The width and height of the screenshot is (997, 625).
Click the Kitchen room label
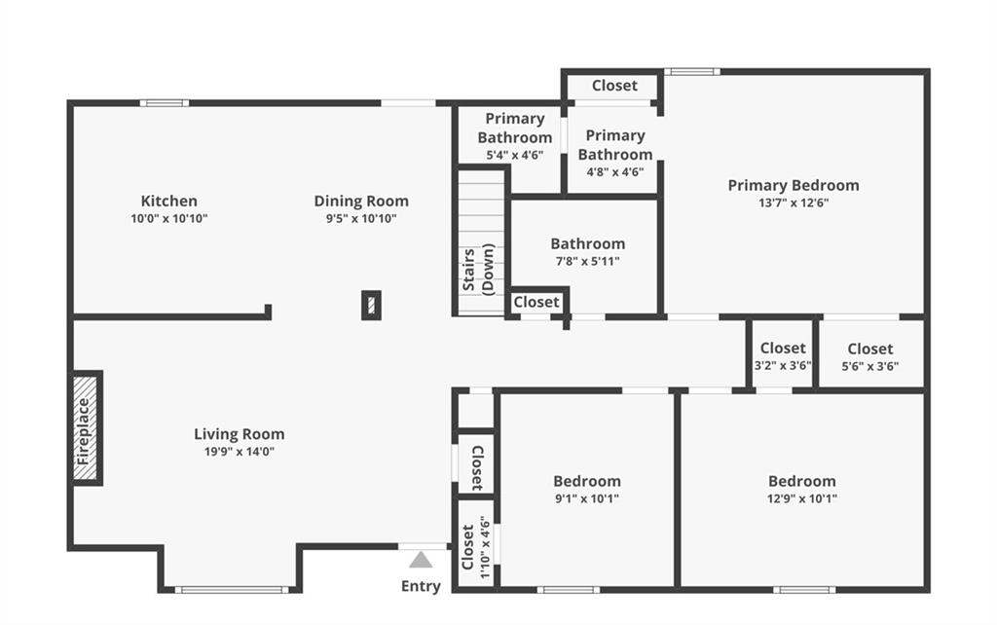[x=169, y=201]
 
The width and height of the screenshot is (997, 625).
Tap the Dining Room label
[x=361, y=201]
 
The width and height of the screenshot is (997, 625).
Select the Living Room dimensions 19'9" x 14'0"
[x=240, y=452]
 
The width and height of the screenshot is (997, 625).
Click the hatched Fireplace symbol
[x=86, y=428]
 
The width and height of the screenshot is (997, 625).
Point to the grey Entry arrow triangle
[x=421, y=560]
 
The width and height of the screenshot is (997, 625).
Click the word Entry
[x=421, y=586]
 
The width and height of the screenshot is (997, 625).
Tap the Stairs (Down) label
[x=478, y=270]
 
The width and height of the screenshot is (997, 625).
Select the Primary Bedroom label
[x=794, y=186]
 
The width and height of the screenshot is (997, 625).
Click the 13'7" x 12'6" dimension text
[x=794, y=202]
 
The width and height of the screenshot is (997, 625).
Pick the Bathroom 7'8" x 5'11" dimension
[x=587, y=261]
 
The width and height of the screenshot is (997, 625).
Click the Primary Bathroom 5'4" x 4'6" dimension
[x=515, y=155]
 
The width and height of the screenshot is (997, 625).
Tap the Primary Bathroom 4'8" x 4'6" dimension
[x=615, y=171]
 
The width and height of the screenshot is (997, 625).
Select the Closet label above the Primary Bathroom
[x=614, y=86]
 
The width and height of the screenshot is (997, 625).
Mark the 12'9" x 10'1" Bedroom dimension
[x=802, y=498]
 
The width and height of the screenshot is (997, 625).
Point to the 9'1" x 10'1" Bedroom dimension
[x=587, y=498]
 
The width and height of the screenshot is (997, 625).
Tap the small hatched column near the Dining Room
[x=371, y=305]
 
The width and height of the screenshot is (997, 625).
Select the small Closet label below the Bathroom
[x=536, y=302]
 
